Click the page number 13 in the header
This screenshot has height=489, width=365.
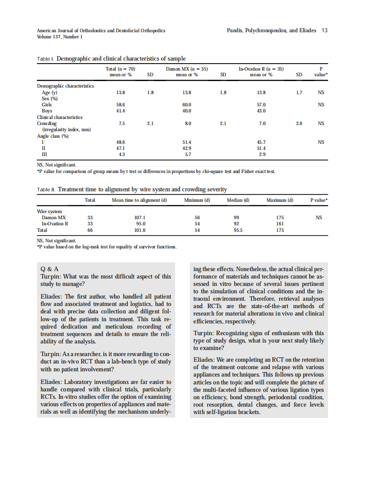coord(324,31)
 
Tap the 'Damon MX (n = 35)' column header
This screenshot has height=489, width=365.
coord(186,69)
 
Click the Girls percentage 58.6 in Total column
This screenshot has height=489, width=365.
coord(121,105)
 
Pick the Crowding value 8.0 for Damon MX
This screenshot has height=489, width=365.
coord(188,124)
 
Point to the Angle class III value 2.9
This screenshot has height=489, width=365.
coord(262,155)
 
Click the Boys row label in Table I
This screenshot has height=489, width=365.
coord(47,111)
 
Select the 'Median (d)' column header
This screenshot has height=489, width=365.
coord(237,200)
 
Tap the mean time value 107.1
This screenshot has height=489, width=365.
coord(140,217)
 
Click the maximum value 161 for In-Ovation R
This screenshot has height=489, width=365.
coord(280,224)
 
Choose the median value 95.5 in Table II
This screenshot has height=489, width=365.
coord(237,230)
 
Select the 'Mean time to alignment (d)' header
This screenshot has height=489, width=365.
coord(139,200)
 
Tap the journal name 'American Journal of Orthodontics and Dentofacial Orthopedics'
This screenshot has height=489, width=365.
coord(101,31)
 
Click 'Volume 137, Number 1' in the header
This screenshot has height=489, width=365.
coord(60,37)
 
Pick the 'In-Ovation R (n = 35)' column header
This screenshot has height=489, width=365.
coord(261,69)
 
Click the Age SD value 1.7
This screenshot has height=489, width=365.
coord(299,93)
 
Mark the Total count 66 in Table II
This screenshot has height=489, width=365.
coord(90,230)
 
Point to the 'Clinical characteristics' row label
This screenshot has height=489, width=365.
coord(60,117)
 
